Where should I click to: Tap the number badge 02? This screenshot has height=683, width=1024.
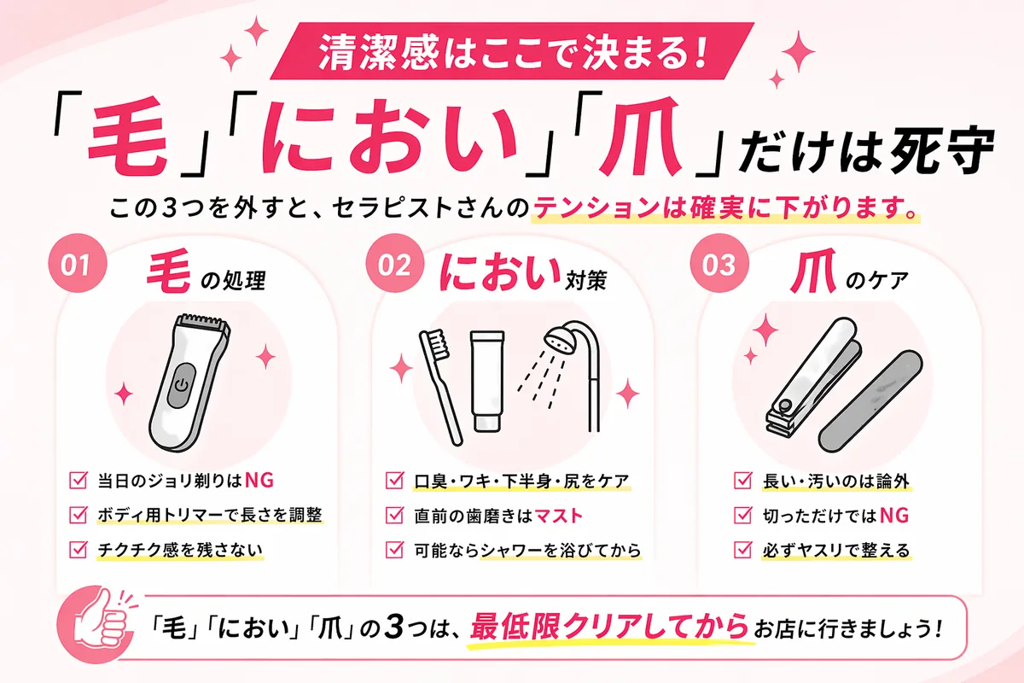[x=395, y=265]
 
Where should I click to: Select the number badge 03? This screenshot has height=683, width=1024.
[x=719, y=265]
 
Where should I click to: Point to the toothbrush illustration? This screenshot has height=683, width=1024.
[x=439, y=384]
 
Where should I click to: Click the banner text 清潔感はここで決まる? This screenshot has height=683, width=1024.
[x=511, y=55]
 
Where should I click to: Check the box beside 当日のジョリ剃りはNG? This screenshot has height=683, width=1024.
[x=77, y=480]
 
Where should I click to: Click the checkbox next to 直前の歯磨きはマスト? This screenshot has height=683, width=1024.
[x=395, y=515]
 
